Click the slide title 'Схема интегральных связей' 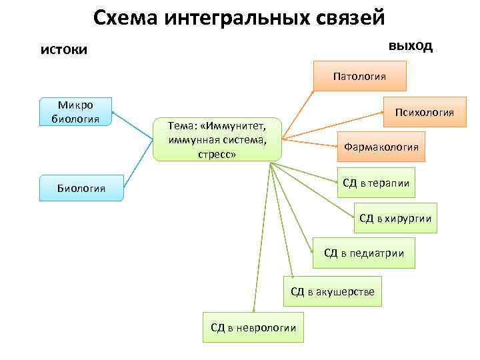click(x=239, y=18)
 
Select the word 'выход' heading click(x=410, y=46)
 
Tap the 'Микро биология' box click(x=75, y=112)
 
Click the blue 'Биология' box click(x=81, y=189)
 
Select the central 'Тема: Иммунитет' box click(x=217, y=140)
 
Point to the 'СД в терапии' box click(x=375, y=183)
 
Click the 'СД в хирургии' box click(x=395, y=218)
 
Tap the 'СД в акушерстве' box click(x=333, y=291)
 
